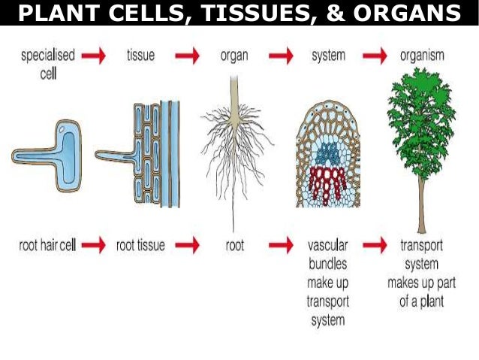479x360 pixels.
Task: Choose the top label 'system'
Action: [327, 55]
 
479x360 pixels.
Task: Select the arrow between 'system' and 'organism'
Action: [375, 55]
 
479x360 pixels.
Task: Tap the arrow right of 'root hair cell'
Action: [93, 244]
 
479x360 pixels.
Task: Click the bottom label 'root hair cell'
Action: [45, 244]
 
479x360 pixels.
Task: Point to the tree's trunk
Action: [422, 199]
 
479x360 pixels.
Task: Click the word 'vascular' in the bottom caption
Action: [327, 244]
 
